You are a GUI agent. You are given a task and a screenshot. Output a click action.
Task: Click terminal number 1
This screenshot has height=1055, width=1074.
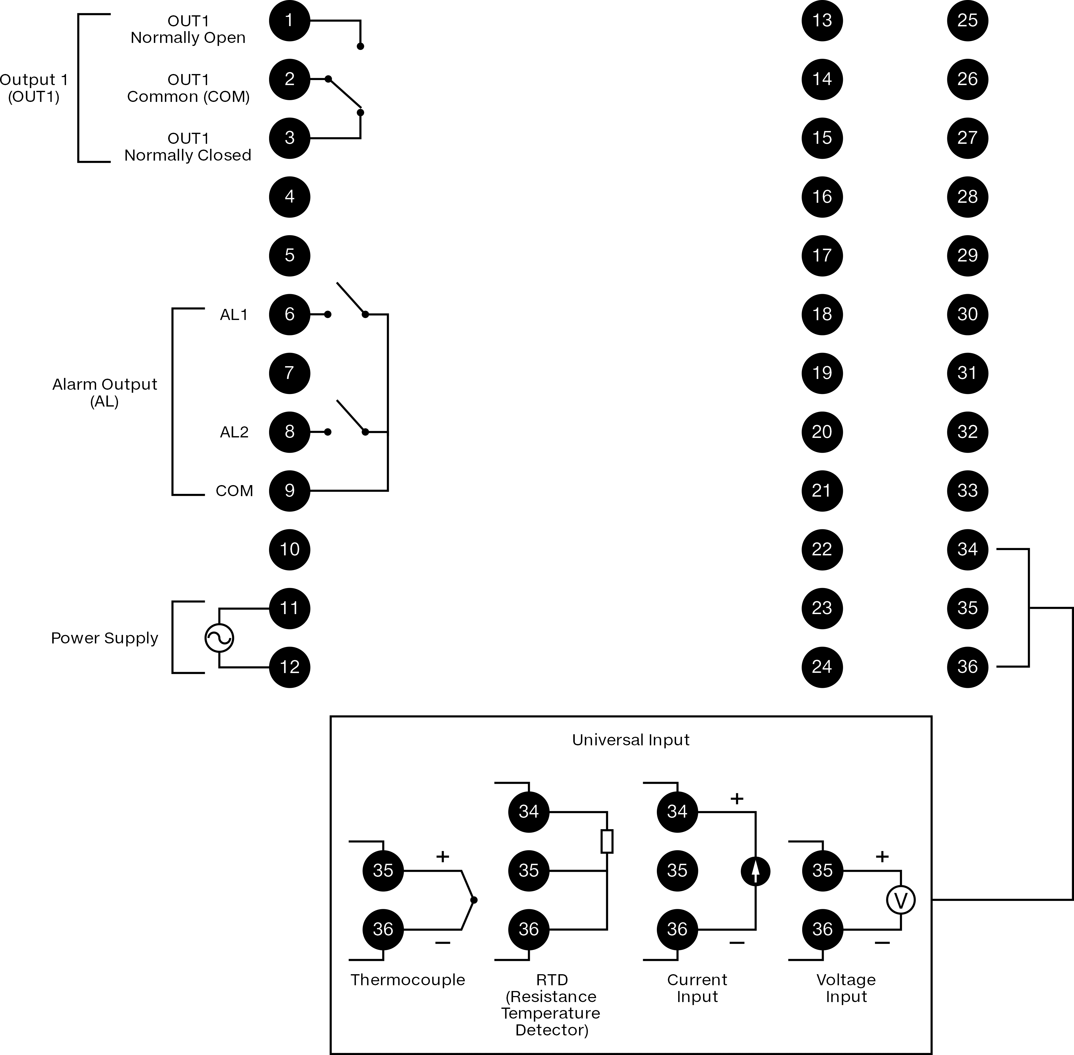tap(289, 21)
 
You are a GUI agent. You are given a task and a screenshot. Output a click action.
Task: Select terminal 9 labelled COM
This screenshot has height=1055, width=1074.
tap(289, 490)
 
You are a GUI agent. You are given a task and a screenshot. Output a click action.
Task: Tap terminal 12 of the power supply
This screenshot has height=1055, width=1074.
tap(289, 667)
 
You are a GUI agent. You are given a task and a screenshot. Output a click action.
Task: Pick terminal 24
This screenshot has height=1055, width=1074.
tap(822, 667)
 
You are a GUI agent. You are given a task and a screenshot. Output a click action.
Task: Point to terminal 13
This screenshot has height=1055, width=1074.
tap(822, 21)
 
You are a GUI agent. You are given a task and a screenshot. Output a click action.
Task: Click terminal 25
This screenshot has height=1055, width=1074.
tap(968, 21)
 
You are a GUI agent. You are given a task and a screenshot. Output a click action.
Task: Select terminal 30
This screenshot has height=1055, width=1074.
tap(968, 314)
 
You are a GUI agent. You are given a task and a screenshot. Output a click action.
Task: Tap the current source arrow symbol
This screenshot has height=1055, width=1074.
tap(755, 871)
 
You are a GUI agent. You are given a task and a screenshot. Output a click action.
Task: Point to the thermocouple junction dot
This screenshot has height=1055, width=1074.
tap(474, 900)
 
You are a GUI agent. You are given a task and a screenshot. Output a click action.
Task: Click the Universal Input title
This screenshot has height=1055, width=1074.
tap(631, 740)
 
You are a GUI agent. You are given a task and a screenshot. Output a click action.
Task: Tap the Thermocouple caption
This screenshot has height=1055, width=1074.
tap(408, 980)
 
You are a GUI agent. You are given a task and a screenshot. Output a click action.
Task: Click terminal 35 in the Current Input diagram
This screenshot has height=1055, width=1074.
tap(677, 871)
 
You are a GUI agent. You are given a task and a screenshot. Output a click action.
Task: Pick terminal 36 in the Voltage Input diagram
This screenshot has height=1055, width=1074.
tap(823, 929)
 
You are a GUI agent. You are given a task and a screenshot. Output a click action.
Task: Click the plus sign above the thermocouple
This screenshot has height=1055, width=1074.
tap(442, 857)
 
